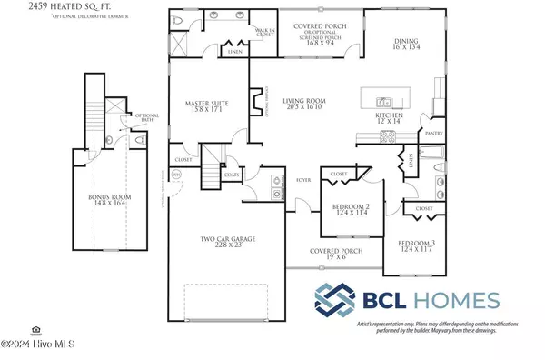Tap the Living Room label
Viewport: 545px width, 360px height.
coord(302,105)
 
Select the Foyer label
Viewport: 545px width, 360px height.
coord(305,180)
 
